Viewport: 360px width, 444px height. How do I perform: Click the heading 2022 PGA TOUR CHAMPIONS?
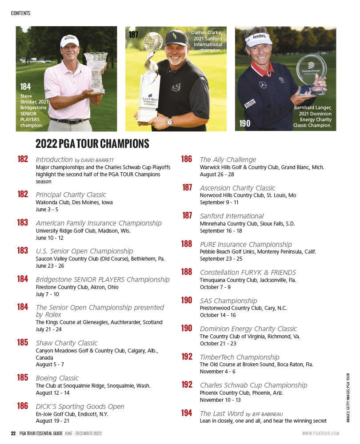pyautogui.click(x=92, y=144)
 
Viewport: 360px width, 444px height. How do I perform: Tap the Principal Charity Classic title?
pyautogui.click(x=71, y=194)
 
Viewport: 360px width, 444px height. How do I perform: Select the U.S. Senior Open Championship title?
pyautogui.click(x=84, y=251)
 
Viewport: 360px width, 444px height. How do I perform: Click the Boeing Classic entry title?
pyautogui.click(x=57, y=378)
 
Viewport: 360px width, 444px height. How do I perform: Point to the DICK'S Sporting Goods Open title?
pyautogui.click(x=80, y=406)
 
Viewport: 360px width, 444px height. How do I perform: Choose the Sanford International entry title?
pyautogui.click(x=232, y=216)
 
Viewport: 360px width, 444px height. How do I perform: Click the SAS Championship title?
pyautogui.click(x=228, y=301)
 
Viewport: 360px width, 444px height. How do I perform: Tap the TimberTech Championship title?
pyautogui.click(x=240, y=357)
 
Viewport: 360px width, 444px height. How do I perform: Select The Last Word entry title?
pyautogui.click(x=218, y=413)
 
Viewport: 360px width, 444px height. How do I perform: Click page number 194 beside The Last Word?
pyautogui.click(x=187, y=413)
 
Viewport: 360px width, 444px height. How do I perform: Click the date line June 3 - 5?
pyautogui.click(x=47, y=210)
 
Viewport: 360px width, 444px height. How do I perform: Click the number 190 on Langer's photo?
pyautogui.click(x=244, y=123)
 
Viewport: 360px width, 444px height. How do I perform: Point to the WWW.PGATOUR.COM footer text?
pyautogui.click(x=320, y=433)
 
